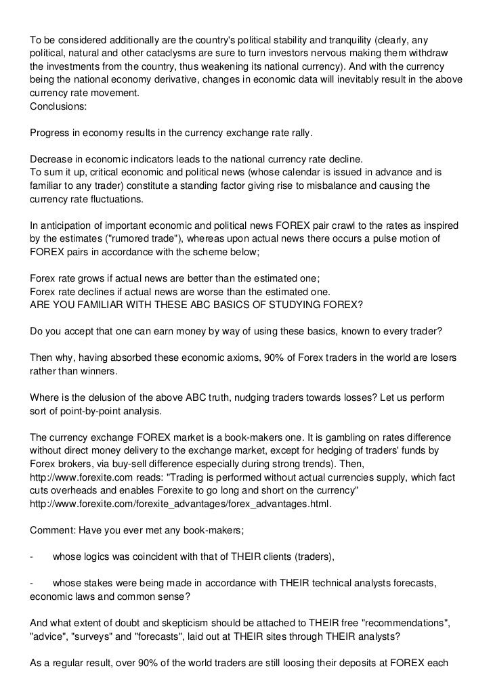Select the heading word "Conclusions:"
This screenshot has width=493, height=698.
click(x=59, y=107)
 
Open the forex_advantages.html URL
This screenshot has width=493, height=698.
click(x=181, y=504)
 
